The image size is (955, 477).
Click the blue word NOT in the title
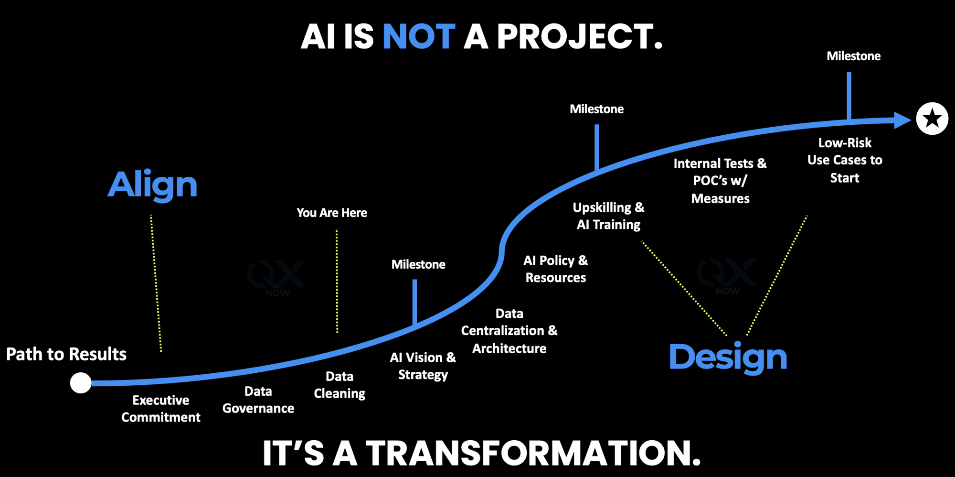pos(419,37)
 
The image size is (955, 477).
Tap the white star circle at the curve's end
pos(932,119)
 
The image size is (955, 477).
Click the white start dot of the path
pos(81,383)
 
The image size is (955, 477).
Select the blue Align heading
pos(152,185)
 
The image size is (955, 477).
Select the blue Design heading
pos(728,358)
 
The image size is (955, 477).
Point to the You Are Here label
pos(332,213)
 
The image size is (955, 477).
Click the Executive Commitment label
pos(161,409)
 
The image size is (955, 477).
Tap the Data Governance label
pos(258,400)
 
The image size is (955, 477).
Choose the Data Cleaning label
pos(340,385)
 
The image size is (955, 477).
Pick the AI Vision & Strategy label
pos(423,366)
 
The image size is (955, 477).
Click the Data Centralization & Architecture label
pos(509,331)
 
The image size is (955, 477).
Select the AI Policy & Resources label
pos(556,269)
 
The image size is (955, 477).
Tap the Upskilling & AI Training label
pos(608,216)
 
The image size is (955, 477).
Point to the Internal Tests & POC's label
pos(720,181)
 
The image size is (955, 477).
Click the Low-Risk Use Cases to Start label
pos(845,160)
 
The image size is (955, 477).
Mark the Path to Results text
pos(66,354)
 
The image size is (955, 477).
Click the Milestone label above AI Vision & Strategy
pos(418,264)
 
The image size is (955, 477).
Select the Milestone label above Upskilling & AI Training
pos(597,109)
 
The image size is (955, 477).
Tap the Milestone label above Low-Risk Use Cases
pos(854,56)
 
